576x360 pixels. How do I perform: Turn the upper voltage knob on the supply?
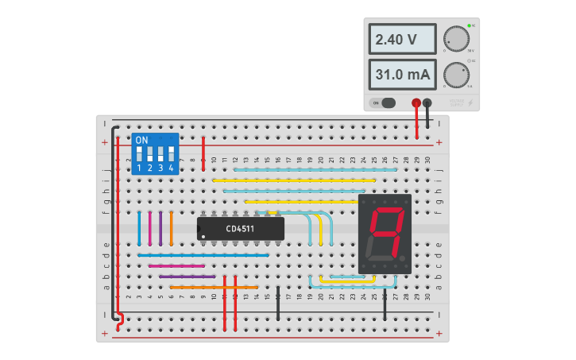(x=455, y=39)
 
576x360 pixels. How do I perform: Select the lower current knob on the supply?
(x=455, y=75)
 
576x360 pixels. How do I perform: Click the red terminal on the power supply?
(x=416, y=103)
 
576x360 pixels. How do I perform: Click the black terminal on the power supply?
(x=427, y=103)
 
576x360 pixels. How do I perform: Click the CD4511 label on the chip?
(x=240, y=229)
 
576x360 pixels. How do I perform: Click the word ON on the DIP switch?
(x=141, y=140)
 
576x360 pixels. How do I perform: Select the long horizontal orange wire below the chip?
(x=214, y=287)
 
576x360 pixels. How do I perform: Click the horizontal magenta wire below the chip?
(x=176, y=265)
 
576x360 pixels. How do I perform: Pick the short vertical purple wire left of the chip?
(x=160, y=228)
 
